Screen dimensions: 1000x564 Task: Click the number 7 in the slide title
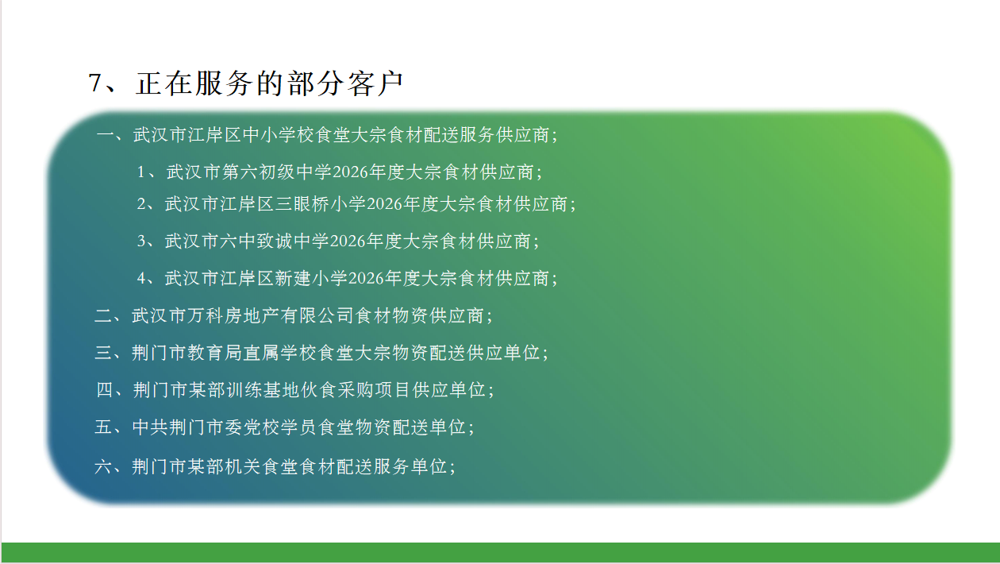96,83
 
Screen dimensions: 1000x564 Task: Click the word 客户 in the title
375,83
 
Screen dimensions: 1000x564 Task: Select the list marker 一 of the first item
106,135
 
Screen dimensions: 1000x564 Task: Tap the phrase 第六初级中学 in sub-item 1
277,172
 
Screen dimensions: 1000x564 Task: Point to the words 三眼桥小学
321,204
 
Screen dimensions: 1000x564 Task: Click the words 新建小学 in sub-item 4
311,278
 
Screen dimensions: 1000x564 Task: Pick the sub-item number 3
141,241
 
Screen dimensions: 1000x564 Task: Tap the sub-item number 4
141,278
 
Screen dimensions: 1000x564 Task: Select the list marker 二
104,316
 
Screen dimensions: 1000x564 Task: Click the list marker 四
105,390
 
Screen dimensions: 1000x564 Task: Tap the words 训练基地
263,390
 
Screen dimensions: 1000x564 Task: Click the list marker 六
103,467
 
